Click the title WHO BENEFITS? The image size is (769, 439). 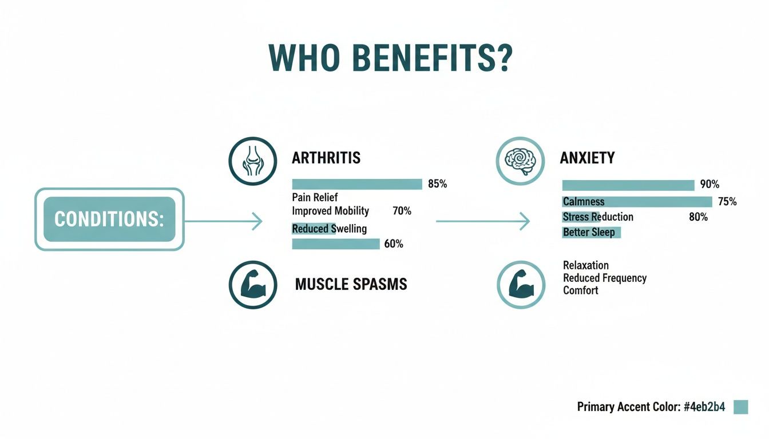pyautogui.click(x=390, y=58)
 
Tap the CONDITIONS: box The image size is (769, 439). pyautogui.click(x=109, y=219)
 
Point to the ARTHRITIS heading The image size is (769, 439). pyautogui.click(x=326, y=158)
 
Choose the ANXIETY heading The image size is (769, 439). pyautogui.click(x=587, y=158)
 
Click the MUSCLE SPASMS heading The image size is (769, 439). pyautogui.click(x=351, y=284)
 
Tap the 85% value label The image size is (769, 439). pyautogui.click(x=437, y=184)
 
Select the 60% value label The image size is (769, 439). pyautogui.click(x=394, y=244)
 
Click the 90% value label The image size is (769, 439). pyautogui.click(x=709, y=185)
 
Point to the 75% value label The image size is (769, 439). pyautogui.click(x=727, y=202)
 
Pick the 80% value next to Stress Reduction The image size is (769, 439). pyautogui.click(x=698, y=217)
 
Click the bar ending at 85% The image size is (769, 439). pyautogui.click(x=357, y=184)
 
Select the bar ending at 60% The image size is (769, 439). pyautogui.click(x=336, y=244)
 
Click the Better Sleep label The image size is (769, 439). pyautogui.click(x=589, y=233)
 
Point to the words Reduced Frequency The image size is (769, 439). pyautogui.click(x=604, y=278)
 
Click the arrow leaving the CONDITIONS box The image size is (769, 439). pyautogui.click(x=223, y=221)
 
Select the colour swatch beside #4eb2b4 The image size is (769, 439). pyautogui.click(x=740, y=406)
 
